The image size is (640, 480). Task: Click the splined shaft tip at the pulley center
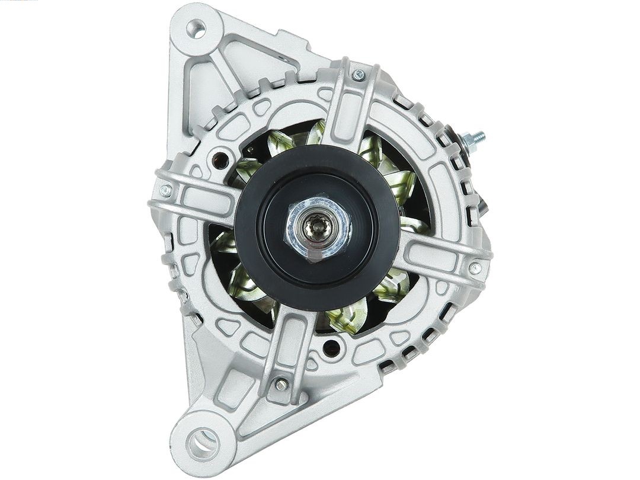pyautogui.click(x=315, y=228)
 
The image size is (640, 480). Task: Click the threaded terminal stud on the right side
pyautogui.click(x=477, y=138)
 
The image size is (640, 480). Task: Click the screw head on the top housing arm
pyautogui.click(x=358, y=75)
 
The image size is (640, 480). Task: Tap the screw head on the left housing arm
pyautogui.click(x=165, y=191)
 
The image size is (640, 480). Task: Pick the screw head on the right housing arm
pyautogui.click(x=475, y=268)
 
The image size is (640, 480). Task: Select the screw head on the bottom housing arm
pyautogui.click(x=280, y=385)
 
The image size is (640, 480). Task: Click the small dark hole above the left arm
pyautogui.click(x=222, y=159)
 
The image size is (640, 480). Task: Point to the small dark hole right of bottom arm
pyautogui.click(x=332, y=348)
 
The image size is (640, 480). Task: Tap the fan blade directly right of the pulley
pyautogui.click(x=415, y=226)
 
